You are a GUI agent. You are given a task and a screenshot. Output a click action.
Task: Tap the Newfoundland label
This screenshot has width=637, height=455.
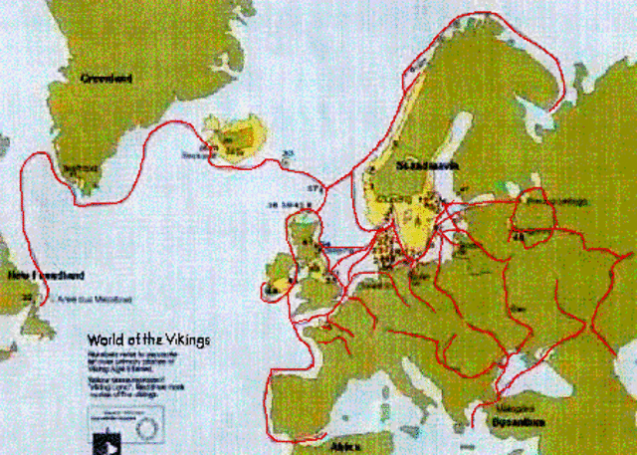pyautogui.click(x=45, y=275)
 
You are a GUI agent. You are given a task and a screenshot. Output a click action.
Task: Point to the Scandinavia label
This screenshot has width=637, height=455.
pyautogui.click(x=426, y=165)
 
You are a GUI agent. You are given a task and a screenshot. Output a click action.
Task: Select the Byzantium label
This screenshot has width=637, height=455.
pyautogui.click(x=518, y=422)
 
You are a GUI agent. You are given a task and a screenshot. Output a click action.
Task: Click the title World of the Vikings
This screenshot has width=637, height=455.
pyautogui.click(x=148, y=340)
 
